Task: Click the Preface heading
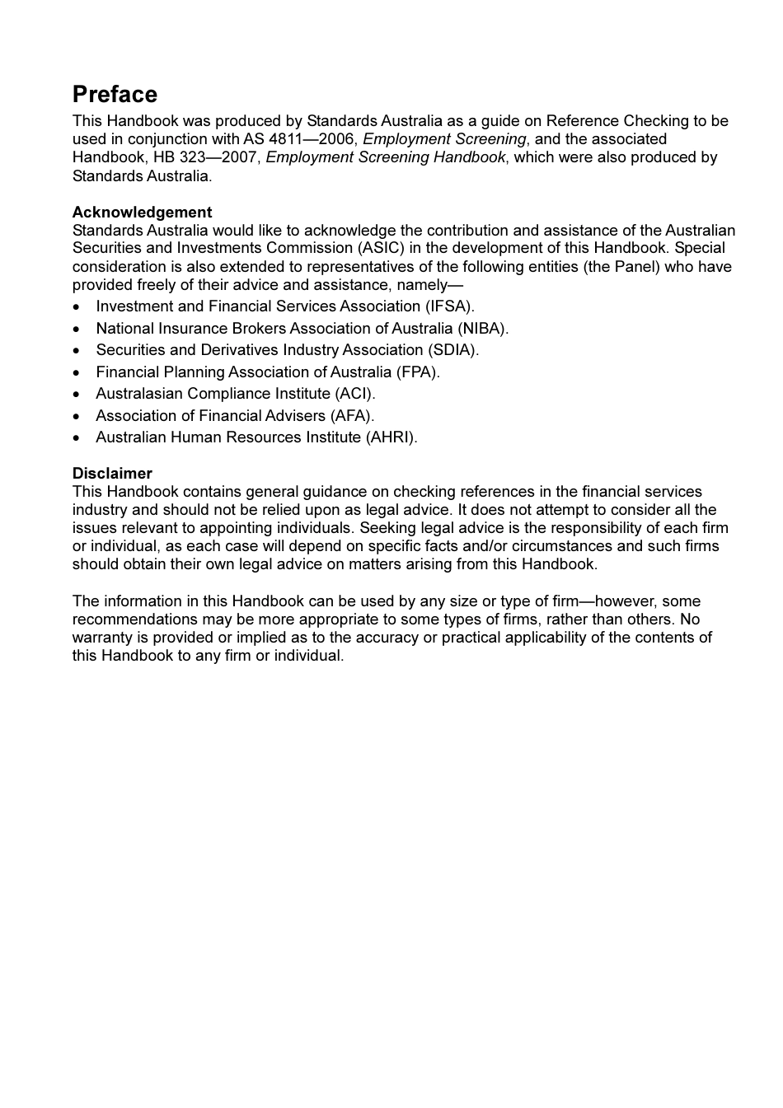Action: coord(115,94)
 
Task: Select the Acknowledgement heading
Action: coord(142,212)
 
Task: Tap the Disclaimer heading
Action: coord(112,473)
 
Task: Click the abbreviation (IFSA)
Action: coord(449,306)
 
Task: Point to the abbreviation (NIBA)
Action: coord(482,328)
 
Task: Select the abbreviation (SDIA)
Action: coord(452,349)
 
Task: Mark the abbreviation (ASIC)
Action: coord(381,248)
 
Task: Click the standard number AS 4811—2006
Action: coord(300,139)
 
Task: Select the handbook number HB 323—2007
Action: coord(207,157)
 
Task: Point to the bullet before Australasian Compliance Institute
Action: coord(77,394)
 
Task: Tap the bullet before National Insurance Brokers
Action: coord(77,329)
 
